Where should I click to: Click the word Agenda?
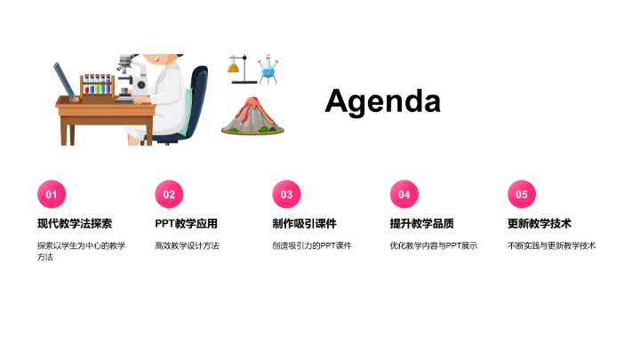tap(382, 101)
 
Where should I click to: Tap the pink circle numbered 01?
tap(51, 195)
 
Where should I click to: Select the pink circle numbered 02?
tap(169, 195)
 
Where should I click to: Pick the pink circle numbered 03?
tap(286, 195)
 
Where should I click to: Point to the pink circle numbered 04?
tap(404, 195)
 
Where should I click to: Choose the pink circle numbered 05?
tap(522, 195)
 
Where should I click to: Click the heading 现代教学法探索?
tap(75, 224)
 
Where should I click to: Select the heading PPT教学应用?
tap(186, 224)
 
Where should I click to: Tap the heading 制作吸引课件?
tap(304, 224)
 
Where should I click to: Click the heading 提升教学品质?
tap(421, 224)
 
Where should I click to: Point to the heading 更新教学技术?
tap(540, 224)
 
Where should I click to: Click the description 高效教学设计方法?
tap(187, 245)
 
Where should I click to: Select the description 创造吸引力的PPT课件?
tap(312, 245)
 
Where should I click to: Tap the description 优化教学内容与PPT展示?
tap(434, 245)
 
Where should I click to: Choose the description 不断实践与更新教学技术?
tap(552, 245)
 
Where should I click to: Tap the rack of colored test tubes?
tap(97, 86)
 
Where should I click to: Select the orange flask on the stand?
tap(236, 65)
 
